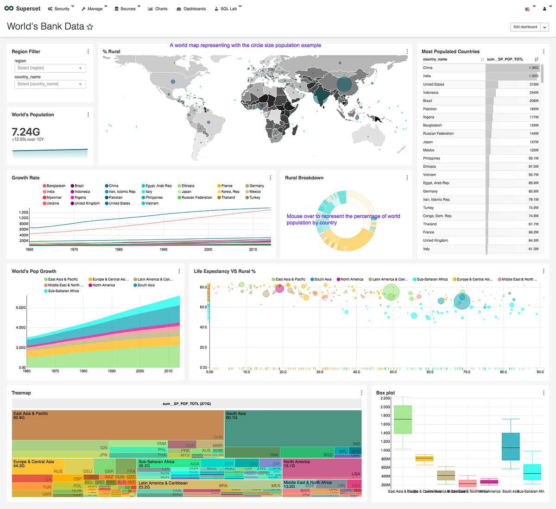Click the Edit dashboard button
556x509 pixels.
click(525, 27)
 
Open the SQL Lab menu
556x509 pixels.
click(228, 9)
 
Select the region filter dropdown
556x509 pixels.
click(50, 68)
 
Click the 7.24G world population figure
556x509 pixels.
click(26, 132)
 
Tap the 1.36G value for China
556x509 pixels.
click(533, 68)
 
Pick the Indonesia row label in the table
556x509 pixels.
click(430, 93)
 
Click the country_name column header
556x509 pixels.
click(435, 59)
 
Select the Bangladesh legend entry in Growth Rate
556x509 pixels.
click(56, 186)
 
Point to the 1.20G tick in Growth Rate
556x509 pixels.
click(24, 212)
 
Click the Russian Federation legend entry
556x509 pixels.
click(196, 197)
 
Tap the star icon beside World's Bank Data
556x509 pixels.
click(90, 27)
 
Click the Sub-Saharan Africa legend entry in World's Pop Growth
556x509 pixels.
click(63, 291)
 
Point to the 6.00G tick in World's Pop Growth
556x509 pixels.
click(21, 308)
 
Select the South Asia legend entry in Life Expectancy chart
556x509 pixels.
click(322, 279)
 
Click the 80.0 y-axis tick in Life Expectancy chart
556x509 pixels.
click(203, 287)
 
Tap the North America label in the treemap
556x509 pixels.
click(297, 462)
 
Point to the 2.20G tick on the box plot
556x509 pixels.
click(385, 398)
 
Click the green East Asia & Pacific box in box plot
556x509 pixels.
click(402, 420)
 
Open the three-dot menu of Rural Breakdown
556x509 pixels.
click(407, 178)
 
